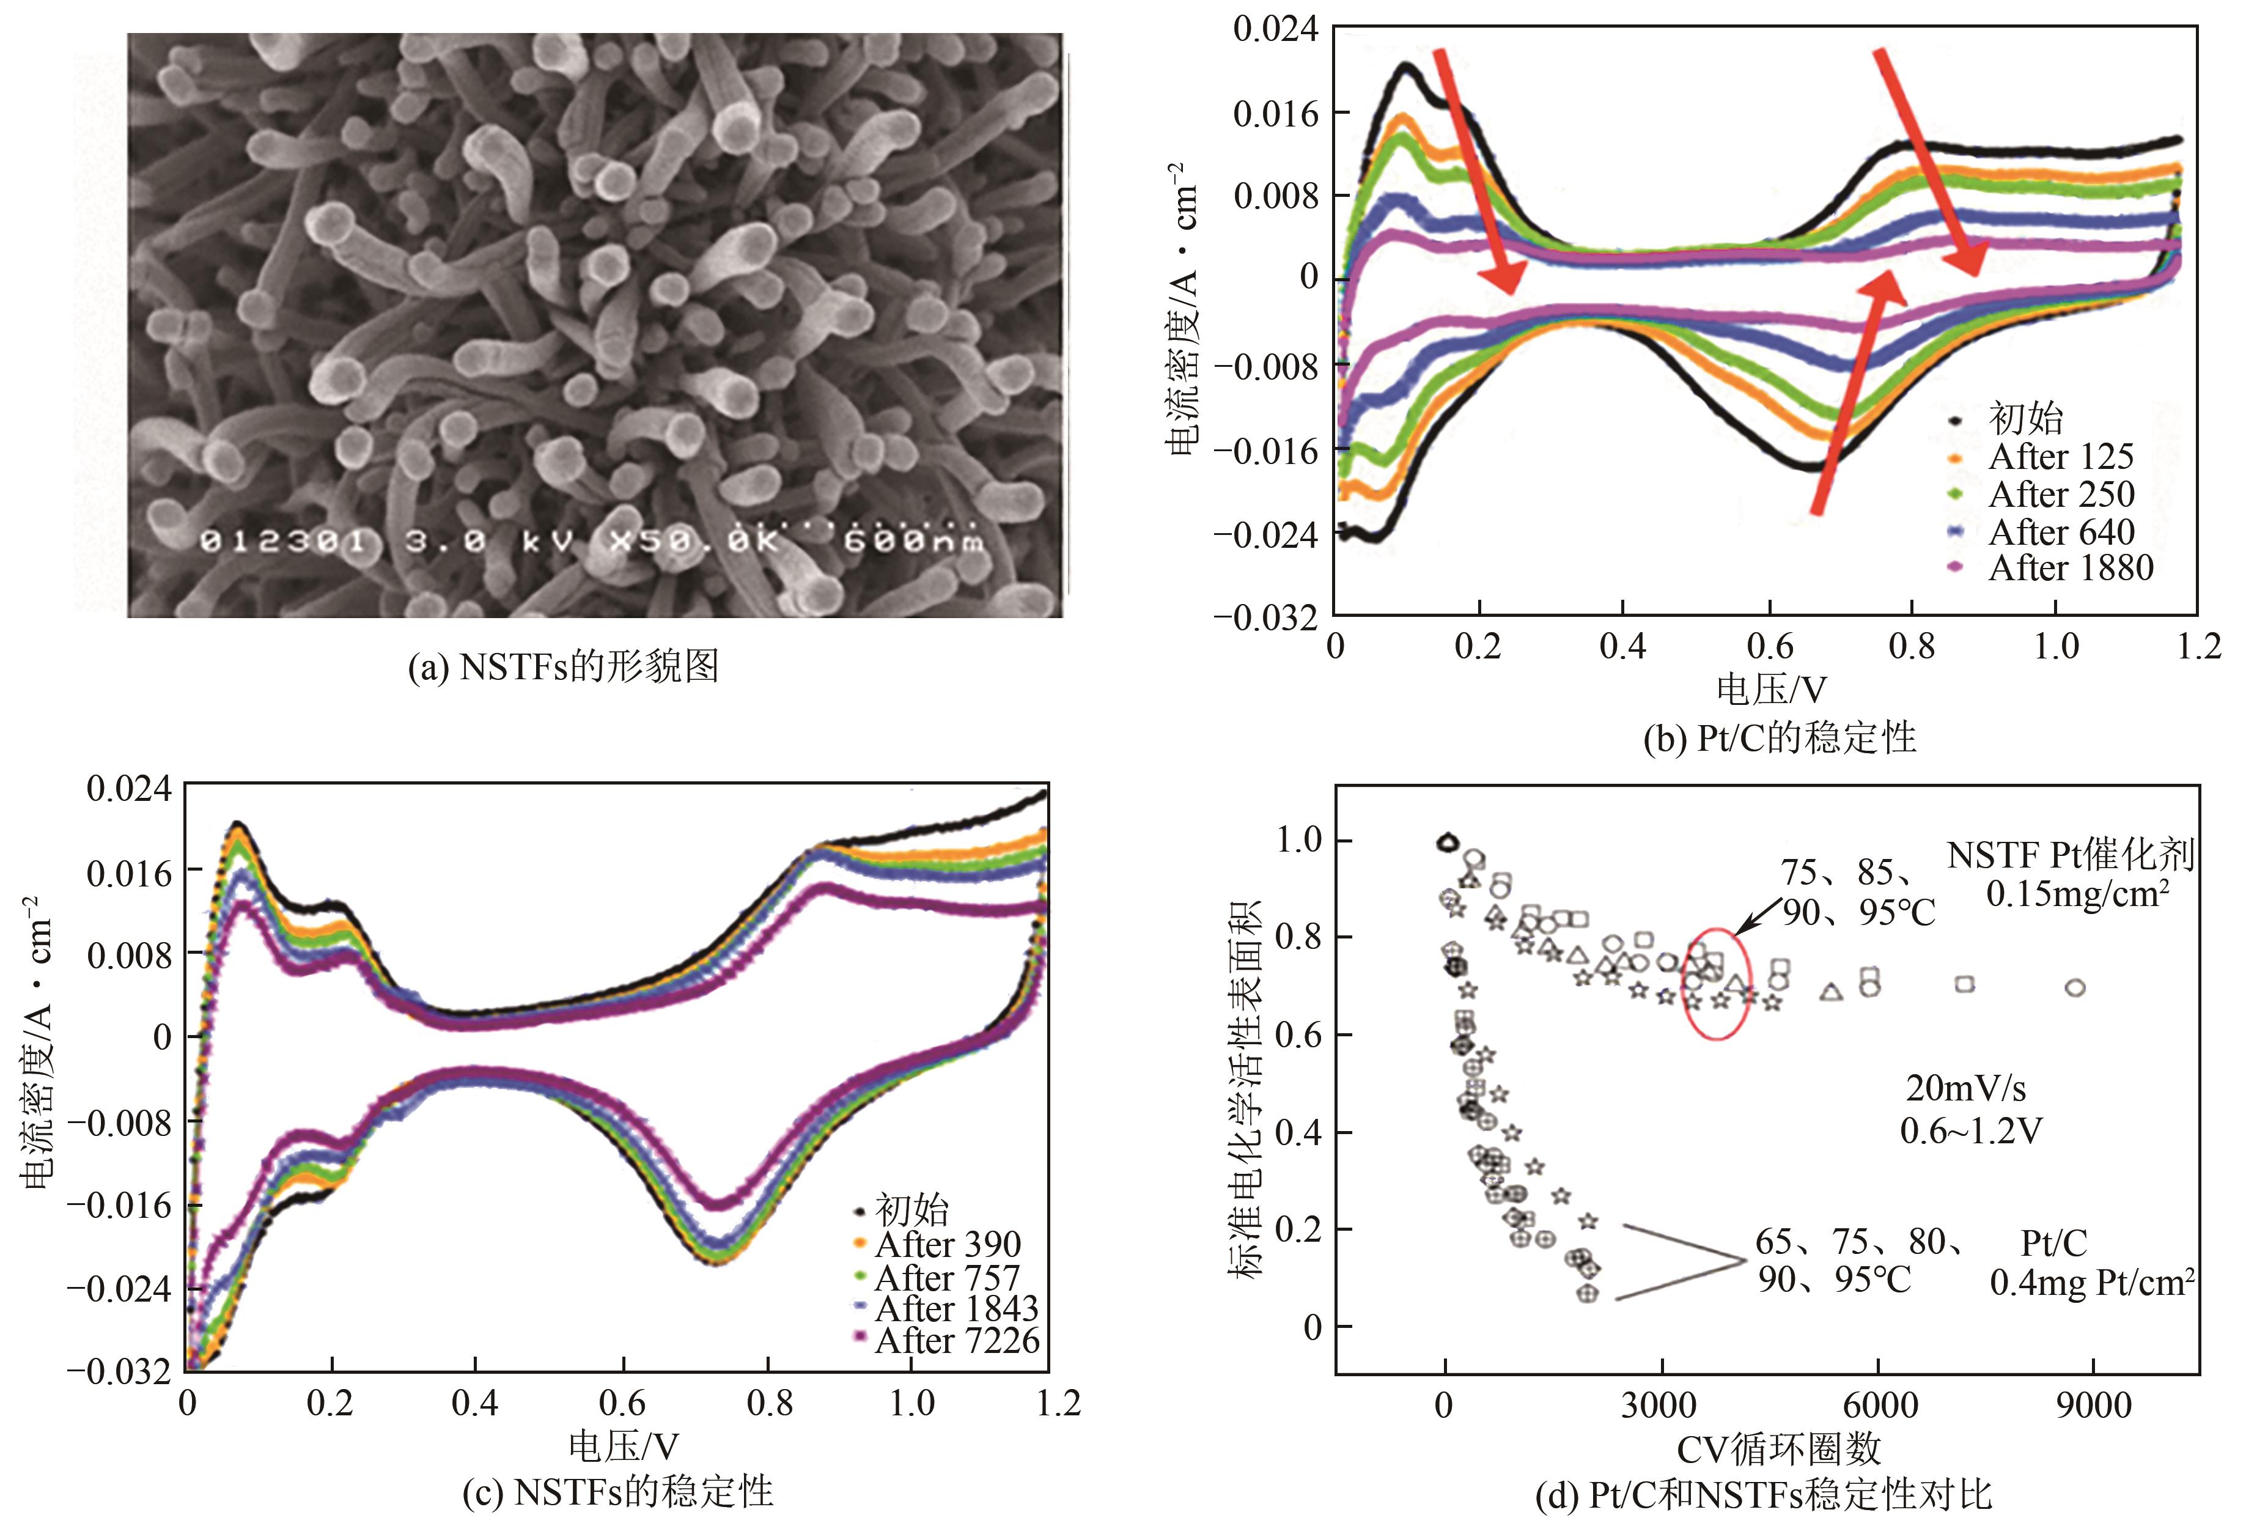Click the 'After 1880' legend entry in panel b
pyautogui.click(x=2069, y=568)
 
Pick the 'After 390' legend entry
pyautogui.click(x=946, y=1244)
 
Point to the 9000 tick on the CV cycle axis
pyautogui.click(x=2093, y=1404)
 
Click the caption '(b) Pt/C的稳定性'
pyautogui.click(x=1779, y=739)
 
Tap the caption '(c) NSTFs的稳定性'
pyautogui.click(x=617, y=1491)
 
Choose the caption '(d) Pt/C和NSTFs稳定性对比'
pyautogui.click(x=1764, y=1495)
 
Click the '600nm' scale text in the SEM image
pyautogui.click(x=913, y=540)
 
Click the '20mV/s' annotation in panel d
pyautogui.click(x=1965, y=1088)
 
